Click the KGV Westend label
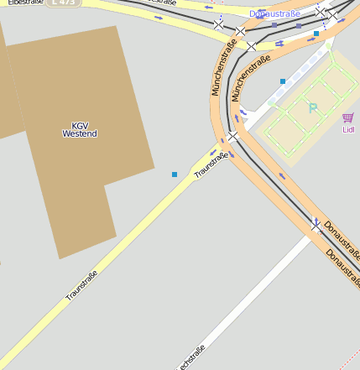80,130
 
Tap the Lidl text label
348,130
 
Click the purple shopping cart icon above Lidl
348,117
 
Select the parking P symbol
313,108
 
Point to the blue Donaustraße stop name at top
274,14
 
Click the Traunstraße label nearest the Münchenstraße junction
211,164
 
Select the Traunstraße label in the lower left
82,285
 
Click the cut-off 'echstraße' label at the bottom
190,357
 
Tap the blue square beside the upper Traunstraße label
175,175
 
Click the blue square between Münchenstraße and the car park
283,81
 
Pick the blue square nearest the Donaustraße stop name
316,34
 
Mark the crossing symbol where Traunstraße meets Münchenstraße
232,136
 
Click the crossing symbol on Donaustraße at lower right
316,225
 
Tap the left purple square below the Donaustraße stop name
274,25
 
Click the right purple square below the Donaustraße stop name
299,26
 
